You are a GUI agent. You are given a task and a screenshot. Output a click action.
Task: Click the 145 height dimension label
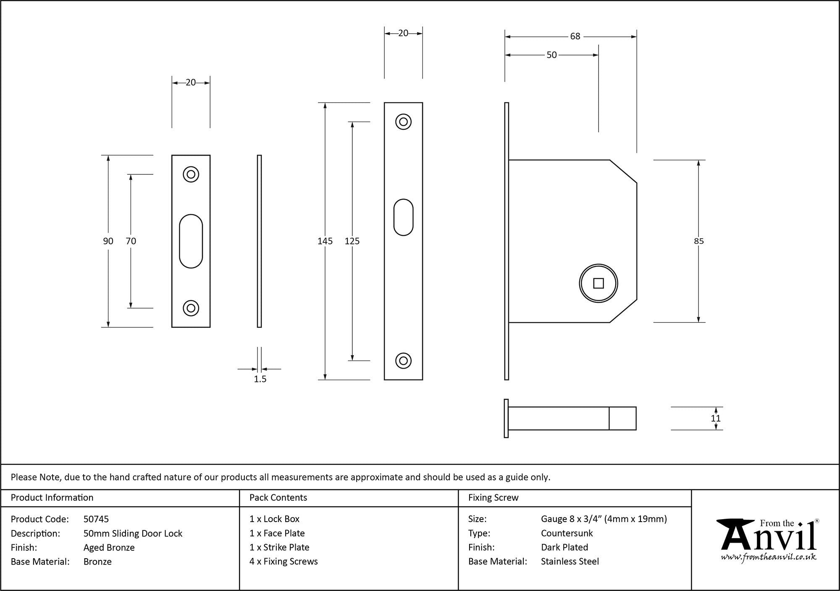325,241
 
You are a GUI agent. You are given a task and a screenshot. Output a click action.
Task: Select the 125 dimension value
352,241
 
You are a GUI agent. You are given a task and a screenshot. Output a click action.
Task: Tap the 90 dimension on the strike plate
108,241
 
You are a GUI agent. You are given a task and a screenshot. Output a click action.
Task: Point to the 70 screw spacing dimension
131,241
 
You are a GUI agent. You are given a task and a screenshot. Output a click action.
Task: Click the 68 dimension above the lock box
575,37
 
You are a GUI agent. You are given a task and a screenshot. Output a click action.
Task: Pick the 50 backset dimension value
551,55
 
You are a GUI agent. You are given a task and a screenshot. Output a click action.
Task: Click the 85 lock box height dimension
698,241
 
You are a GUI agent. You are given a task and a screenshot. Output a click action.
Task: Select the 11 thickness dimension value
716,418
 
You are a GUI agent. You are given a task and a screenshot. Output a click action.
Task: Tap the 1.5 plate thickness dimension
260,379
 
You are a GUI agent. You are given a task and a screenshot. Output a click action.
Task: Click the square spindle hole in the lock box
598,283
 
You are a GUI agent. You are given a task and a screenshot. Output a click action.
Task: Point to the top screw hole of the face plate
403,122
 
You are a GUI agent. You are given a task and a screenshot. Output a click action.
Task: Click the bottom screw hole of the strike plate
191,308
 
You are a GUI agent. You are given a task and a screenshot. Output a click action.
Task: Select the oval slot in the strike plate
191,241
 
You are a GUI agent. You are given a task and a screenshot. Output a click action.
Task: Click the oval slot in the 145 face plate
403,217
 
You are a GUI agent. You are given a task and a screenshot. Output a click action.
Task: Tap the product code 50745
96,519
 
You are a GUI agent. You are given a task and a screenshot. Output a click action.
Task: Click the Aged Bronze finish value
109,547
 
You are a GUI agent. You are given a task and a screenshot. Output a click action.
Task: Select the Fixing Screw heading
493,498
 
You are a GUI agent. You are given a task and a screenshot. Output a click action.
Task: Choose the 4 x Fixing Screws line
283,561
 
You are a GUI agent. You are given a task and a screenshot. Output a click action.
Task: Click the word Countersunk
567,533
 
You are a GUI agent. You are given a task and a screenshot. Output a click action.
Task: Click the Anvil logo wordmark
769,538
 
